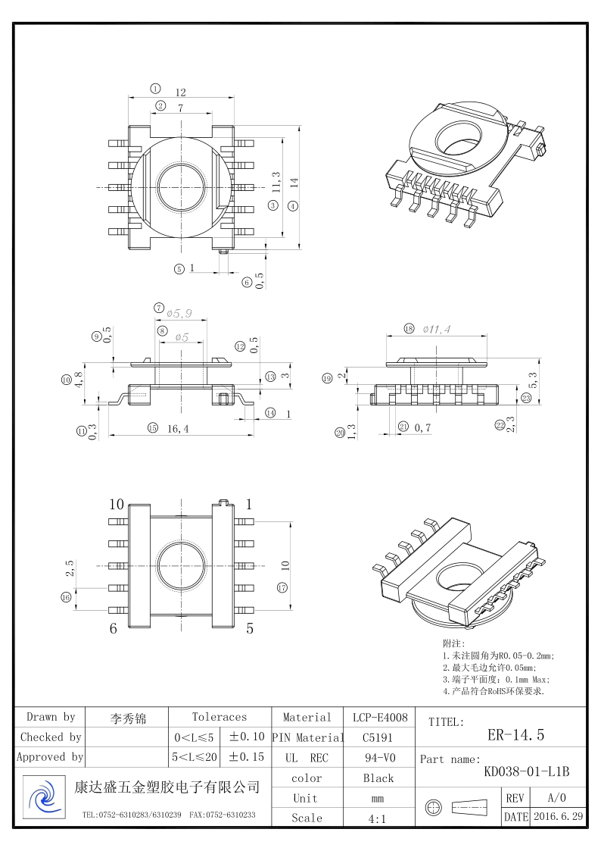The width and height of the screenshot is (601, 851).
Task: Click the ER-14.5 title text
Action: click(515, 734)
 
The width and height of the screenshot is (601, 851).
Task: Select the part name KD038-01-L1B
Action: click(526, 771)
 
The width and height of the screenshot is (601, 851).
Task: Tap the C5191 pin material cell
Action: click(378, 737)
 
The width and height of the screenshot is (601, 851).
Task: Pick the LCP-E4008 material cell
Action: click(380, 717)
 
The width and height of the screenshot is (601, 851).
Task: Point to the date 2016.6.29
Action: click(558, 817)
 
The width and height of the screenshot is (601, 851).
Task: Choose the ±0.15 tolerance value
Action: click(247, 756)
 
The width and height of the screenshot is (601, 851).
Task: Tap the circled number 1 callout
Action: click(155, 88)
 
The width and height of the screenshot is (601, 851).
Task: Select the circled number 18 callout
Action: click(409, 329)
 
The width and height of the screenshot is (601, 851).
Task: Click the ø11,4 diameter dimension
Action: click(437, 329)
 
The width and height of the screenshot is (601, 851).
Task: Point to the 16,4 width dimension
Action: click(178, 429)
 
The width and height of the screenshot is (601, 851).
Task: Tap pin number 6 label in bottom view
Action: click(114, 628)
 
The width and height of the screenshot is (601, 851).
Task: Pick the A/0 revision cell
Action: click(556, 798)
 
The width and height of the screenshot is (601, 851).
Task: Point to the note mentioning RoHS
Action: click(494, 691)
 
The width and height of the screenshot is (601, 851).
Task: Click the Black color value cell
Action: click(378, 778)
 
